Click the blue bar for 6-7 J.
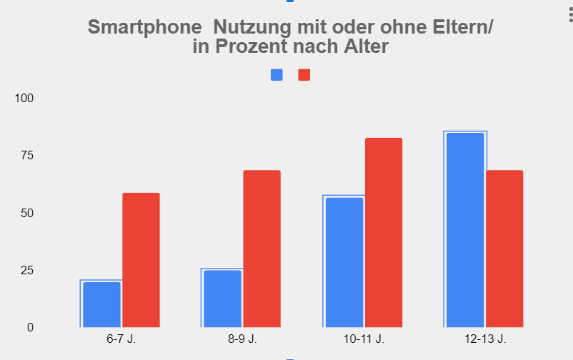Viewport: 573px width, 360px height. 101,304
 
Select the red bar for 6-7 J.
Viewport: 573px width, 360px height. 141,260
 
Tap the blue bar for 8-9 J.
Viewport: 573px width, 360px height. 222,299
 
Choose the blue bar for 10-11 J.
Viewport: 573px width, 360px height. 344,262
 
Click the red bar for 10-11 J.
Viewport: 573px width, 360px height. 384,232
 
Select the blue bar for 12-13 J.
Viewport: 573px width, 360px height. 464,230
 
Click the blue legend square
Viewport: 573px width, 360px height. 276,75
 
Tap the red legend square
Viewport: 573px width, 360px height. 304,75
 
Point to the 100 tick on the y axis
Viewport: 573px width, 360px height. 24,98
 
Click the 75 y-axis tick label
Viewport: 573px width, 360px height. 26,155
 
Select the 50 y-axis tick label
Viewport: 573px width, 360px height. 26,213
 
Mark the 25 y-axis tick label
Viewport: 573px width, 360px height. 26,270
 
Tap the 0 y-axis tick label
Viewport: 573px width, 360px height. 30,327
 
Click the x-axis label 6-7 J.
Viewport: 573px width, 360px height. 121,339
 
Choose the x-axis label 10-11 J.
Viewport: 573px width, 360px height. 364,339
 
